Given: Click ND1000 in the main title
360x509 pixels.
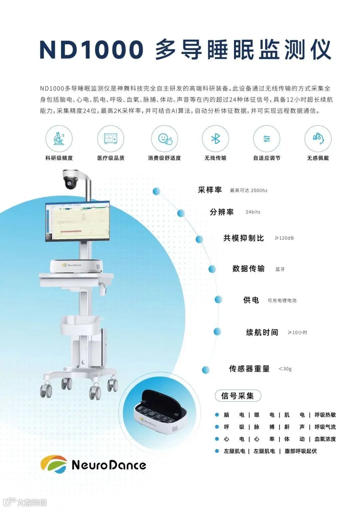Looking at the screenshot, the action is tap(91, 49).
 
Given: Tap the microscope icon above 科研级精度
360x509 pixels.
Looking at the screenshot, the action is tap(59, 138).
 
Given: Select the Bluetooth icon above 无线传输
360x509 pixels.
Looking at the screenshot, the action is tap(215, 138).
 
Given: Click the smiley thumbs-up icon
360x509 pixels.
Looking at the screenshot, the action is tap(165, 139).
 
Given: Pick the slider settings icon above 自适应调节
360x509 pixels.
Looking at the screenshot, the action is tap(267, 138).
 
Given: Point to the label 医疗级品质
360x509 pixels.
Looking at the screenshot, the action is tap(111, 158).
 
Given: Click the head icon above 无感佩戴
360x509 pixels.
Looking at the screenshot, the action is tap(318, 138).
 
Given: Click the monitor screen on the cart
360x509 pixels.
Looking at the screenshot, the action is tap(77, 222).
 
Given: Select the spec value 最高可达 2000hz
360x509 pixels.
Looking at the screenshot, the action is tap(249, 191).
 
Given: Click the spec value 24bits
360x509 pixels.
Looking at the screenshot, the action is tap(253, 212).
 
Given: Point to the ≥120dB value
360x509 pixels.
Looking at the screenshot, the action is tap(284, 238).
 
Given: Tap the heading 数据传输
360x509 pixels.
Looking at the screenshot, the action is tap(248, 268).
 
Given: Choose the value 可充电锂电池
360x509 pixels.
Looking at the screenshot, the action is tap(282, 300).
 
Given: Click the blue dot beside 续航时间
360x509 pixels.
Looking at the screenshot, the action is tap(217, 331).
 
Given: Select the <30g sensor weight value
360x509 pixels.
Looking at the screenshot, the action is tap(285, 368).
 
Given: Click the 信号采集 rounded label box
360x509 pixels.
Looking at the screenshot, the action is tap(238, 396).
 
